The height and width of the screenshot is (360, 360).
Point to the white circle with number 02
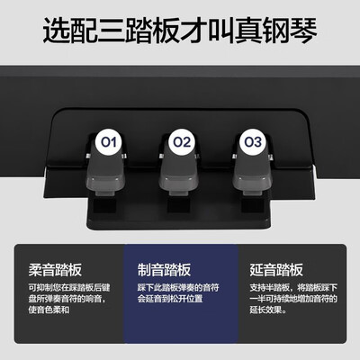click(183, 141)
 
